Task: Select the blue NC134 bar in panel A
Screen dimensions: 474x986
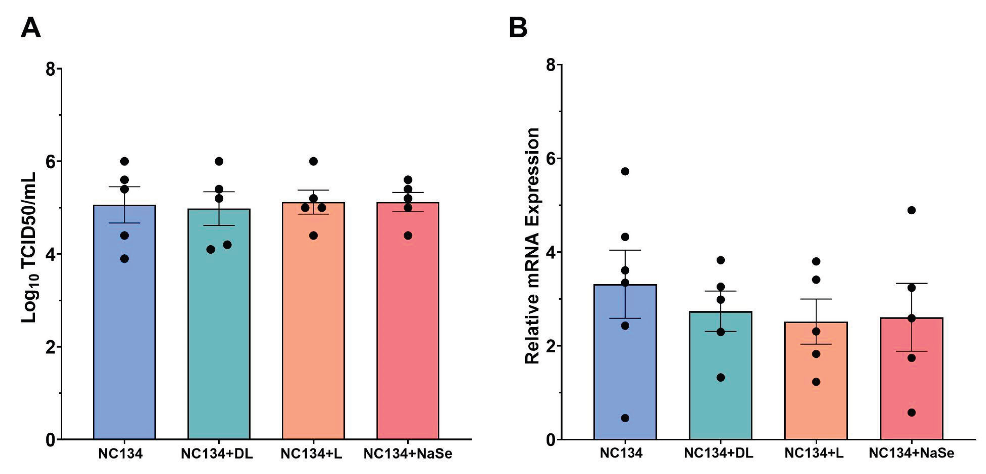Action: click(x=124, y=326)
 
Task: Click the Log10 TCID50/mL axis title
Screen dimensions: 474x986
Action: click(x=29, y=247)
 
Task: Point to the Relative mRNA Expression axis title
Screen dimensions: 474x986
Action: click(x=532, y=246)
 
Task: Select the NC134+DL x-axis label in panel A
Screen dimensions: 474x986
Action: click(x=217, y=454)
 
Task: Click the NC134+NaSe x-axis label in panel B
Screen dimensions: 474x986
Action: click(x=911, y=453)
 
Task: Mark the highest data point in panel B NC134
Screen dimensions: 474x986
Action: click(x=625, y=171)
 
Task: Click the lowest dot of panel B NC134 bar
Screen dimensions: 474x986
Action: click(x=625, y=418)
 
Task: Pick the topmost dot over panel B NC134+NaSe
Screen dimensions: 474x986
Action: click(x=911, y=210)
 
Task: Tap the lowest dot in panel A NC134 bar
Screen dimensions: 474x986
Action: click(x=124, y=259)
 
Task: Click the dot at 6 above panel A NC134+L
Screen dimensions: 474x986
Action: click(x=313, y=161)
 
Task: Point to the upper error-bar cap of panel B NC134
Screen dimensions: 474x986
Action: click(x=625, y=250)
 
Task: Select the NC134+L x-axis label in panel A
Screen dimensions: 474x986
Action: click(x=311, y=454)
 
